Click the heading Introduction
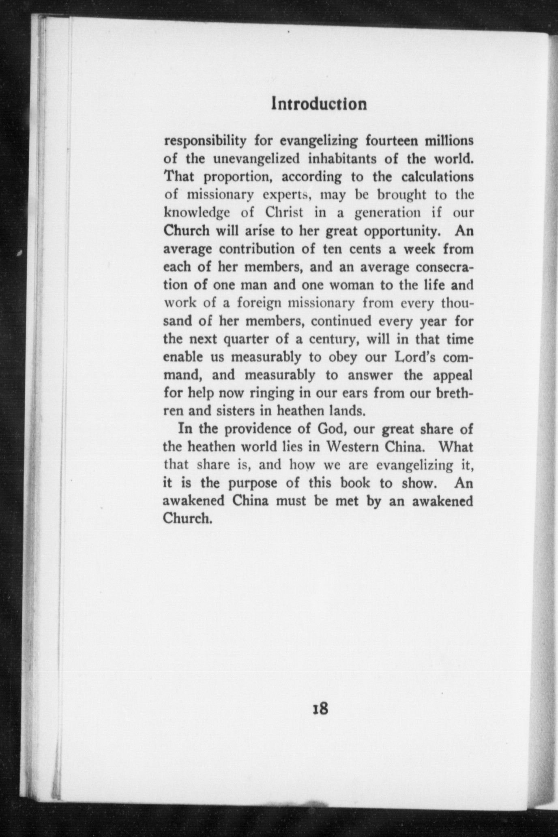(x=319, y=104)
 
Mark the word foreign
(x=259, y=303)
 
